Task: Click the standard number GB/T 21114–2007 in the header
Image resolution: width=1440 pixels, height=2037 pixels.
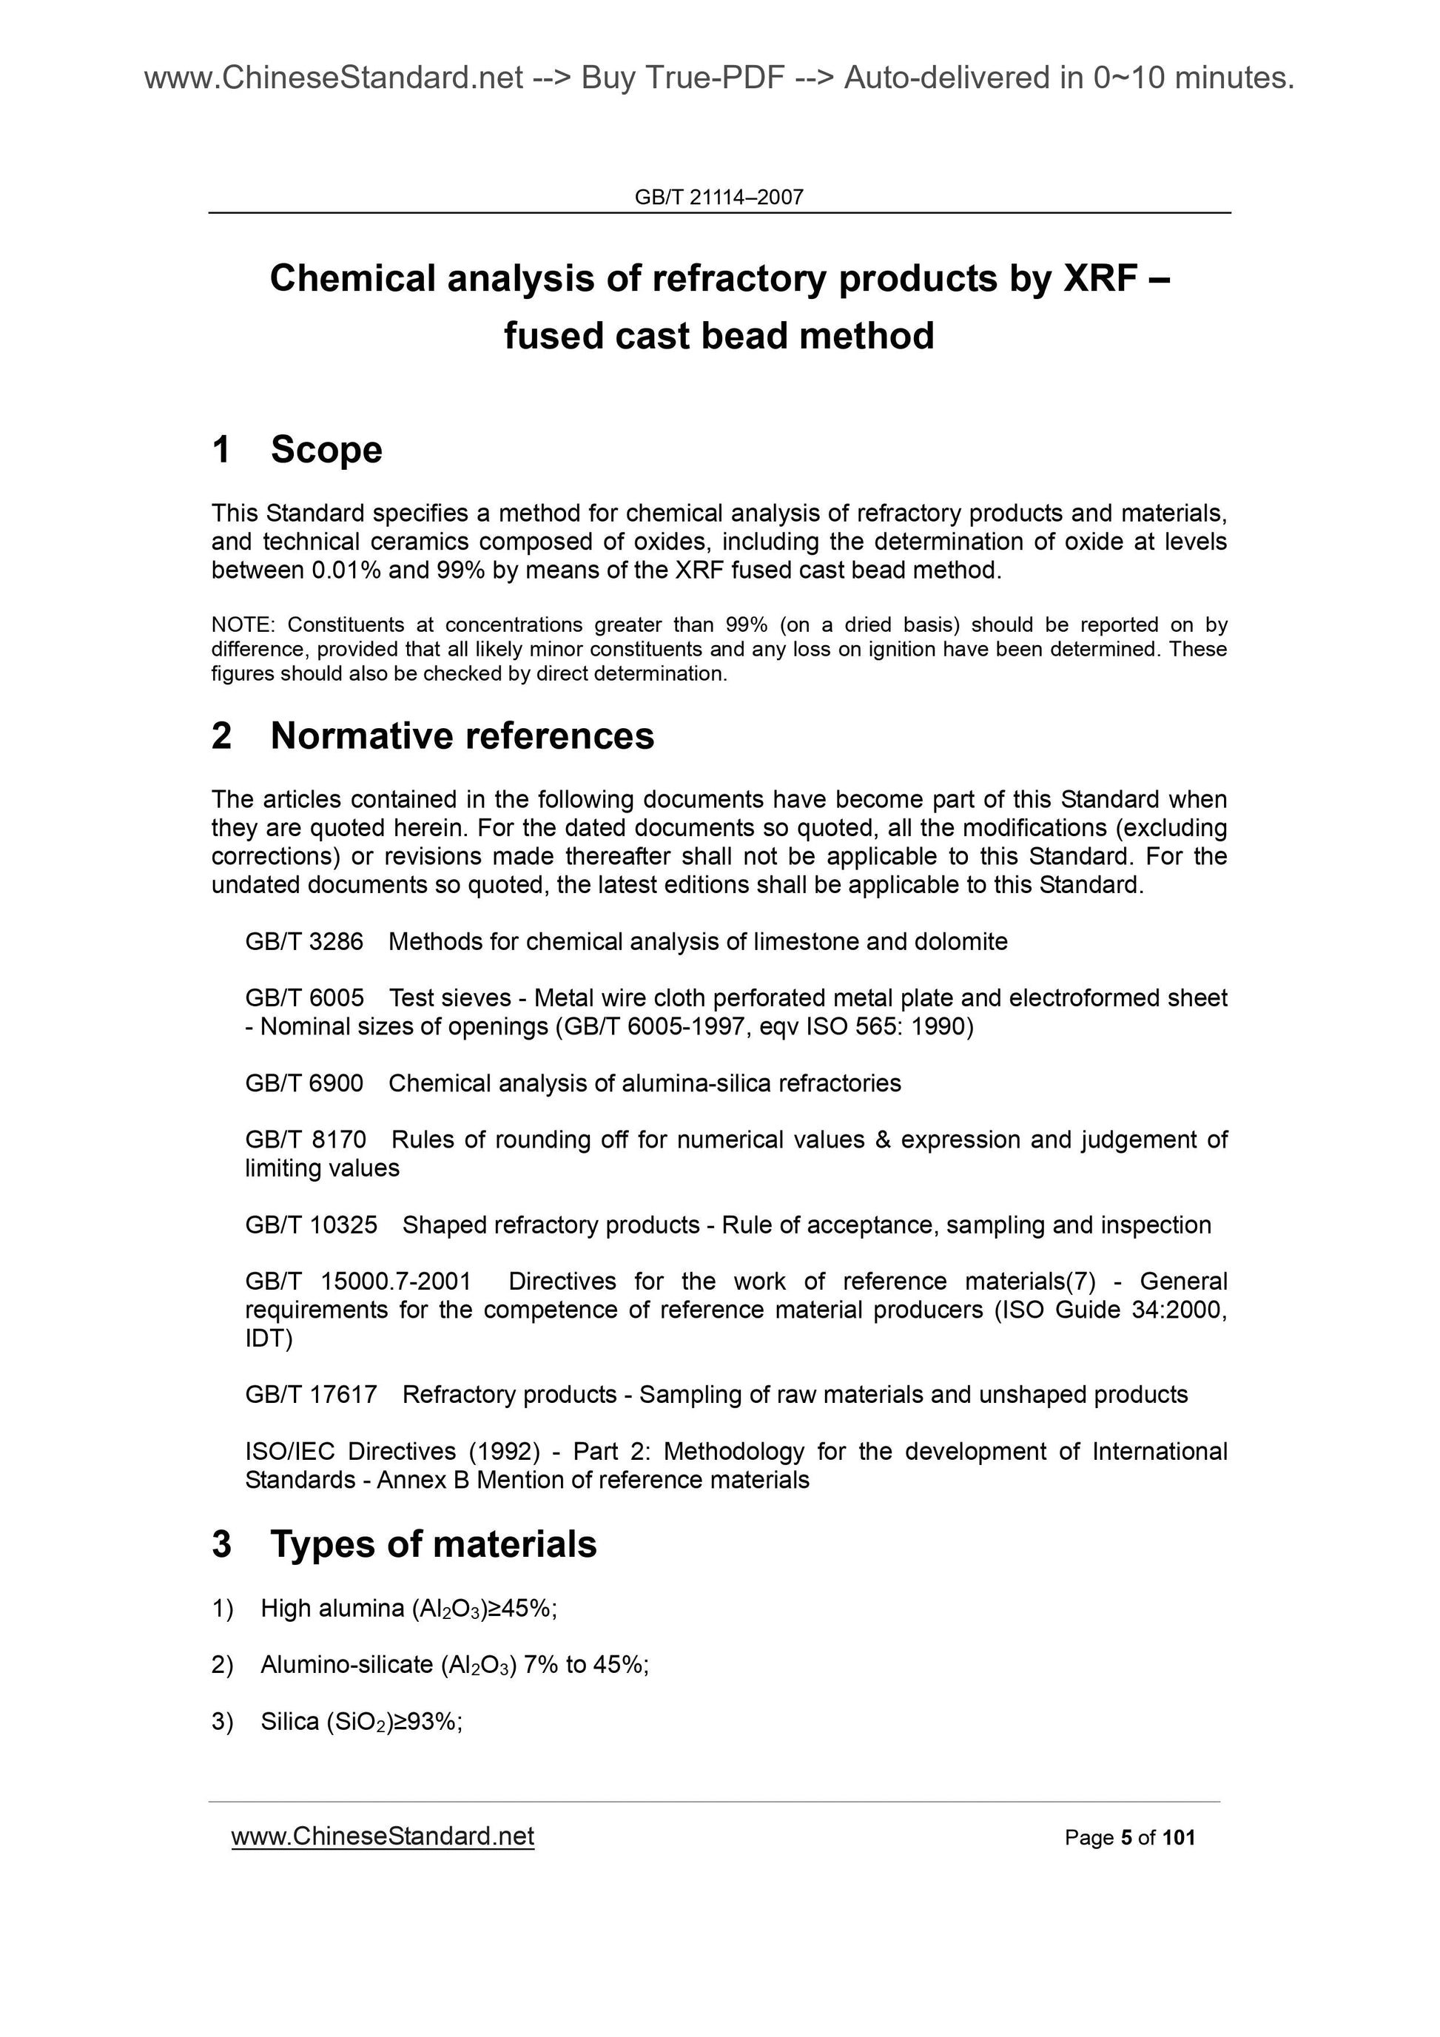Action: pos(719,197)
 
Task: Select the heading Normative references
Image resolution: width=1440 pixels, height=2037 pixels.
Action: pos(462,735)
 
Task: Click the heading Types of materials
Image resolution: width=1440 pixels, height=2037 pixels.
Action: pos(433,1543)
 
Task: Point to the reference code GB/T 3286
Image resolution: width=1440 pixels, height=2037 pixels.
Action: pos(304,941)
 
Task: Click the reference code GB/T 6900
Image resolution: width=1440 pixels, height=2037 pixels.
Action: pos(304,1083)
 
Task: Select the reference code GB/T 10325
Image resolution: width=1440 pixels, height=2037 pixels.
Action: pos(312,1225)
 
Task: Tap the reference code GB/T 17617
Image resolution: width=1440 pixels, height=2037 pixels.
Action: pos(312,1395)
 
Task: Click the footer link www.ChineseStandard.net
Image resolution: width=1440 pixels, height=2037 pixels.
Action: pos(383,1836)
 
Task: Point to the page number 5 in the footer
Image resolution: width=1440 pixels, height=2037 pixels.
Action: pos(1126,1837)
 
